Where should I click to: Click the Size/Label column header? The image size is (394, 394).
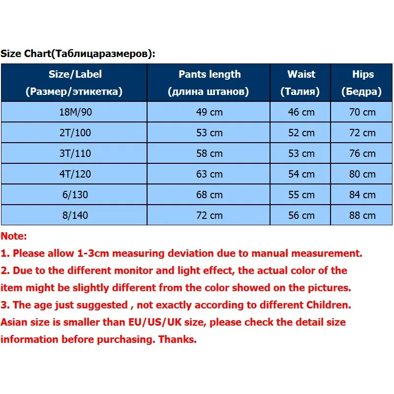pyautogui.click(x=75, y=83)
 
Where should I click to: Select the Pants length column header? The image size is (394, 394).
pyautogui.click(x=209, y=83)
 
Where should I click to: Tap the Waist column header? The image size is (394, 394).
pyautogui.click(x=301, y=83)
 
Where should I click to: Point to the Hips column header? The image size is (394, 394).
pyautogui.click(x=363, y=83)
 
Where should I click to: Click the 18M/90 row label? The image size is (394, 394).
pyautogui.click(x=75, y=112)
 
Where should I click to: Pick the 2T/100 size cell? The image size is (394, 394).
pyautogui.click(x=75, y=133)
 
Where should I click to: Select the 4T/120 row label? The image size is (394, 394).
pyautogui.click(x=75, y=174)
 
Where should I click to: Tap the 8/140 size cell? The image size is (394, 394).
pyautogui.click(x=75, y=215)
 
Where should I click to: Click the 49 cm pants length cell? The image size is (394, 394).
pyautogui.click(x=209, y=112)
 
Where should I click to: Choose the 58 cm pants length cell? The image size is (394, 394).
pyautogui.click(x=209, y=153)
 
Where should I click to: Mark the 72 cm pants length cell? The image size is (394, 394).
pyautogui.click(x=209, y=215)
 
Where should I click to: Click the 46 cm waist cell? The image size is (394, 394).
pyautogui.click(x=301, y=112)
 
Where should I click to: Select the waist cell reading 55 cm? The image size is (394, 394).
pyautogui.click(x=301, y=195)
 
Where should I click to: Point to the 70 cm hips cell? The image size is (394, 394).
pyautogui.click(x=363, y=112)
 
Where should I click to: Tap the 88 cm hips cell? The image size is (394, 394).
pyautogui.click(x=363, y=215)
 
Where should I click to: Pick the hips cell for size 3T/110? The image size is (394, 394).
pyautogui.click(x=363, y=153)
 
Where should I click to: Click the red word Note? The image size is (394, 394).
pyautogui.click(x=14, y=237)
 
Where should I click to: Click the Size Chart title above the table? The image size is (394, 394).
pyautogui.click(x=78, y=54)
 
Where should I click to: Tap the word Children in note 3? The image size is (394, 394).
pyautogui.click(x=325, y=305)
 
